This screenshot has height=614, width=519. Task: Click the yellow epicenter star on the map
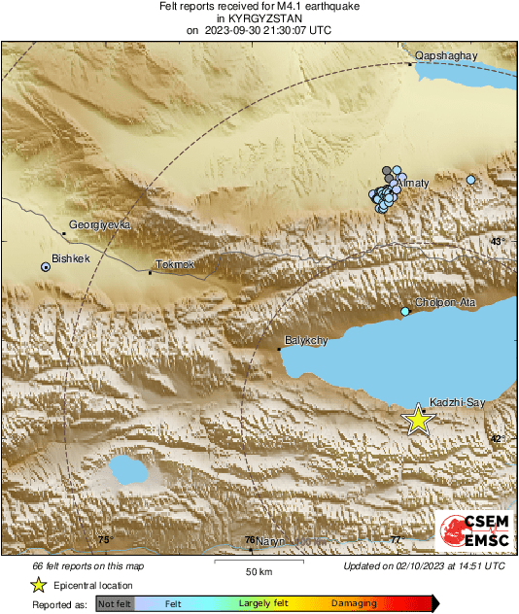click(418, 419)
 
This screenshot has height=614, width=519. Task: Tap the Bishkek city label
click(71, 258)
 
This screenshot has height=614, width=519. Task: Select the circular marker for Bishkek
click(46, 266)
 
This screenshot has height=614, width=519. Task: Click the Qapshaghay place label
click(446, 56)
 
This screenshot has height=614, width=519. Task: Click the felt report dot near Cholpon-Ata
click(406, 311)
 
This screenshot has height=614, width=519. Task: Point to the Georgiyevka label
click(99, 224)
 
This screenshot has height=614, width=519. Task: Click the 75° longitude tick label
click(105, 539)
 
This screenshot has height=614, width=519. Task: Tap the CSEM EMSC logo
click(474, 532)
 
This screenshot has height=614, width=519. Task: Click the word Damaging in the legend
click(354, 603)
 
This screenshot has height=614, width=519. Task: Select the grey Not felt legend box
click(116, 603)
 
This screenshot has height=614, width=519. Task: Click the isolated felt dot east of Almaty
click(471, 180)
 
